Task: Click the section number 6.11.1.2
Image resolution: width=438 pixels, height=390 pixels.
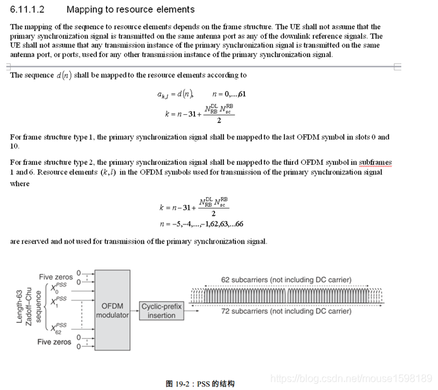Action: (x=28, y=10)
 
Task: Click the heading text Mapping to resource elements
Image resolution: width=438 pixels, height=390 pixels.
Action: (x=130, y=10)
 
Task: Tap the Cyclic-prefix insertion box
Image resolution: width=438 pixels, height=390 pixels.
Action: (x=162, y=311)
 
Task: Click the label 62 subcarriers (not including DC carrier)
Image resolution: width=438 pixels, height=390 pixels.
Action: (x=286, y=280)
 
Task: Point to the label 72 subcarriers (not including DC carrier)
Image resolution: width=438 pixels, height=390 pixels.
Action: (x=286, y=311)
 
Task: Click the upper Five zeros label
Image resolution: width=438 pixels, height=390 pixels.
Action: (x=55, y=277)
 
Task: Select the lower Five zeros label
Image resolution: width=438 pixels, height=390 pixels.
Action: (x=55, y=342)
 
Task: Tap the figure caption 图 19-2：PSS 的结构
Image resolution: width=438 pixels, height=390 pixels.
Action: (x=200, y=383)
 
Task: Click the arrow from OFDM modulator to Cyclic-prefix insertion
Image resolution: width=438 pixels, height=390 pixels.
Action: (x=134, y=310)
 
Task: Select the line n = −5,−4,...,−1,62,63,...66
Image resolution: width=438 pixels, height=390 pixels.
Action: (x=201, y=224)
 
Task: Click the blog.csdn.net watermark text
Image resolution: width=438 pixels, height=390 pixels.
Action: (x=351, y=378)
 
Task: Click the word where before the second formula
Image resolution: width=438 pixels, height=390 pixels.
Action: (x=20, y=184)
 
